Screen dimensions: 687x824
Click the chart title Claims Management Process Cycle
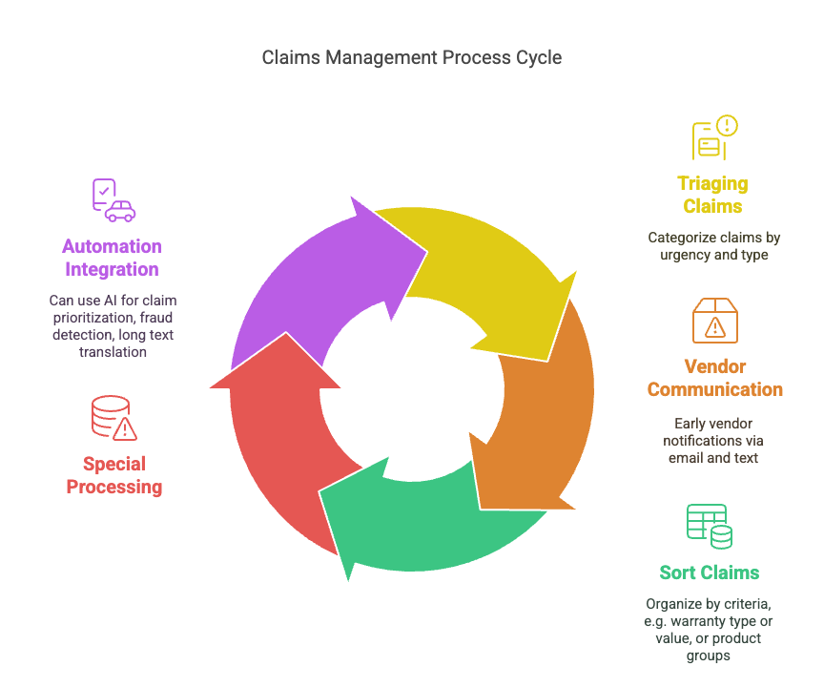coord(412,57)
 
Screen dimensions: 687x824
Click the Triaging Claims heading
coord(712,195)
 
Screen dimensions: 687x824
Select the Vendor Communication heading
coord(714,378)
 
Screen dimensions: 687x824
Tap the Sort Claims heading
coord(710,572)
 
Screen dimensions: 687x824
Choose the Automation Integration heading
coord(113,258)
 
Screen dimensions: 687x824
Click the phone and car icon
coord(113,199)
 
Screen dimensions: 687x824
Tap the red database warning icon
coord(113,417)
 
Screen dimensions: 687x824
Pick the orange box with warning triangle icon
coord(714,320)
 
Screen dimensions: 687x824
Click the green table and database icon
coord(710,526)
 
